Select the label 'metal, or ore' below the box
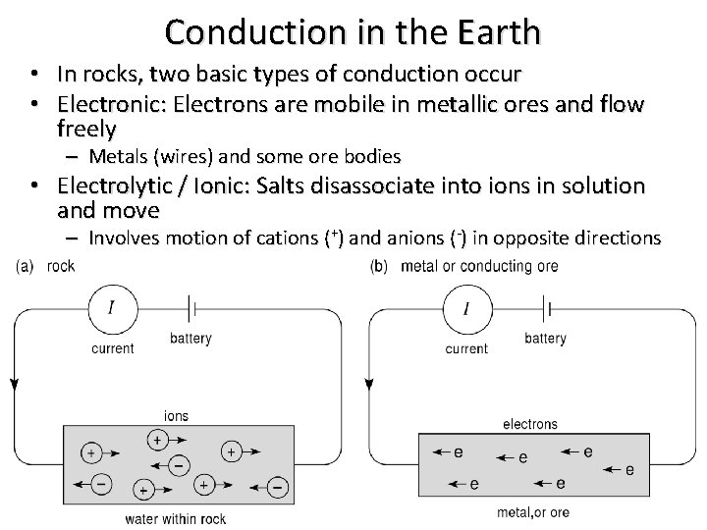pos(533,512)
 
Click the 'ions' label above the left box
pos(177,416)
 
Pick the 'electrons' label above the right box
pos(530,424)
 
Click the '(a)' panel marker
pos(27,266)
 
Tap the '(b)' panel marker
pos(379,266)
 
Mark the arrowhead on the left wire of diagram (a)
pos(14,384)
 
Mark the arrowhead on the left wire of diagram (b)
pos(367,384)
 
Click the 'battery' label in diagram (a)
pos(190,339)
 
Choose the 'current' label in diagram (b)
pos(466,348)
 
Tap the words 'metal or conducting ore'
pos(480,266)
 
